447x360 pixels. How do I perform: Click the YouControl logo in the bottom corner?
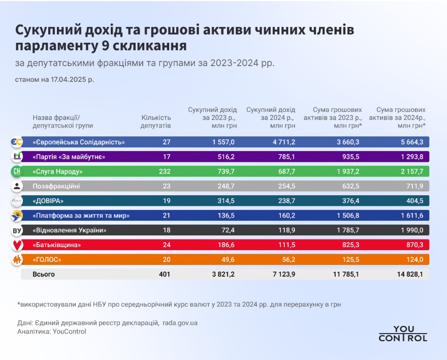[x=403, y=334]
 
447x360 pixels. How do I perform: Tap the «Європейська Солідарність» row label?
[x=79, y=142]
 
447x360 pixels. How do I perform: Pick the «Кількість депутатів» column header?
[x=156, y=121]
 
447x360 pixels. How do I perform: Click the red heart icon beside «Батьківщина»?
[x=17, y=245]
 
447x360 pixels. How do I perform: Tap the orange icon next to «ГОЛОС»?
[x=17, y=260]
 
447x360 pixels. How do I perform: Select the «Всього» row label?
[x=43, y=275]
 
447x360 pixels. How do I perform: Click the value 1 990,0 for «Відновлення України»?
[x=412, y=230]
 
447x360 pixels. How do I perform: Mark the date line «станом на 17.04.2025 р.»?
[x=54, y=80]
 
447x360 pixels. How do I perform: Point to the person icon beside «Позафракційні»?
[x=17, y=186]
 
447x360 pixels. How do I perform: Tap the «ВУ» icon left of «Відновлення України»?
[x=17, y=231]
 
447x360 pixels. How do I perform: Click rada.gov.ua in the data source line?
[x=180, y=323]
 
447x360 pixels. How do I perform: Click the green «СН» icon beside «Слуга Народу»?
[x=17, y=171]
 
